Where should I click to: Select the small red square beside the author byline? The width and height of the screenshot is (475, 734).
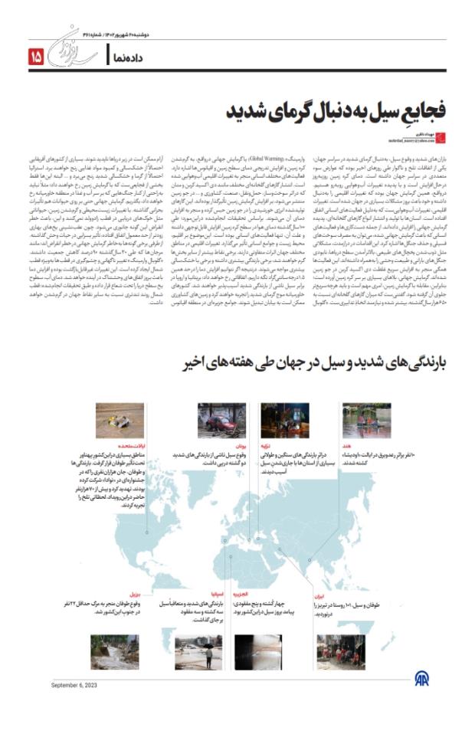[x=451, y=136]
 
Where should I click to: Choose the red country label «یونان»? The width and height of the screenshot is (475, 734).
[x=240, y=445]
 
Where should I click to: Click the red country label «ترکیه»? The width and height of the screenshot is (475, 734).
[x=303, y=445]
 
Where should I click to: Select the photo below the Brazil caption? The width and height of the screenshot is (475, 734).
[x=115, y=651]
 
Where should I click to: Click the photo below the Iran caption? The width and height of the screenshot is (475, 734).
[x=341, y=651]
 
